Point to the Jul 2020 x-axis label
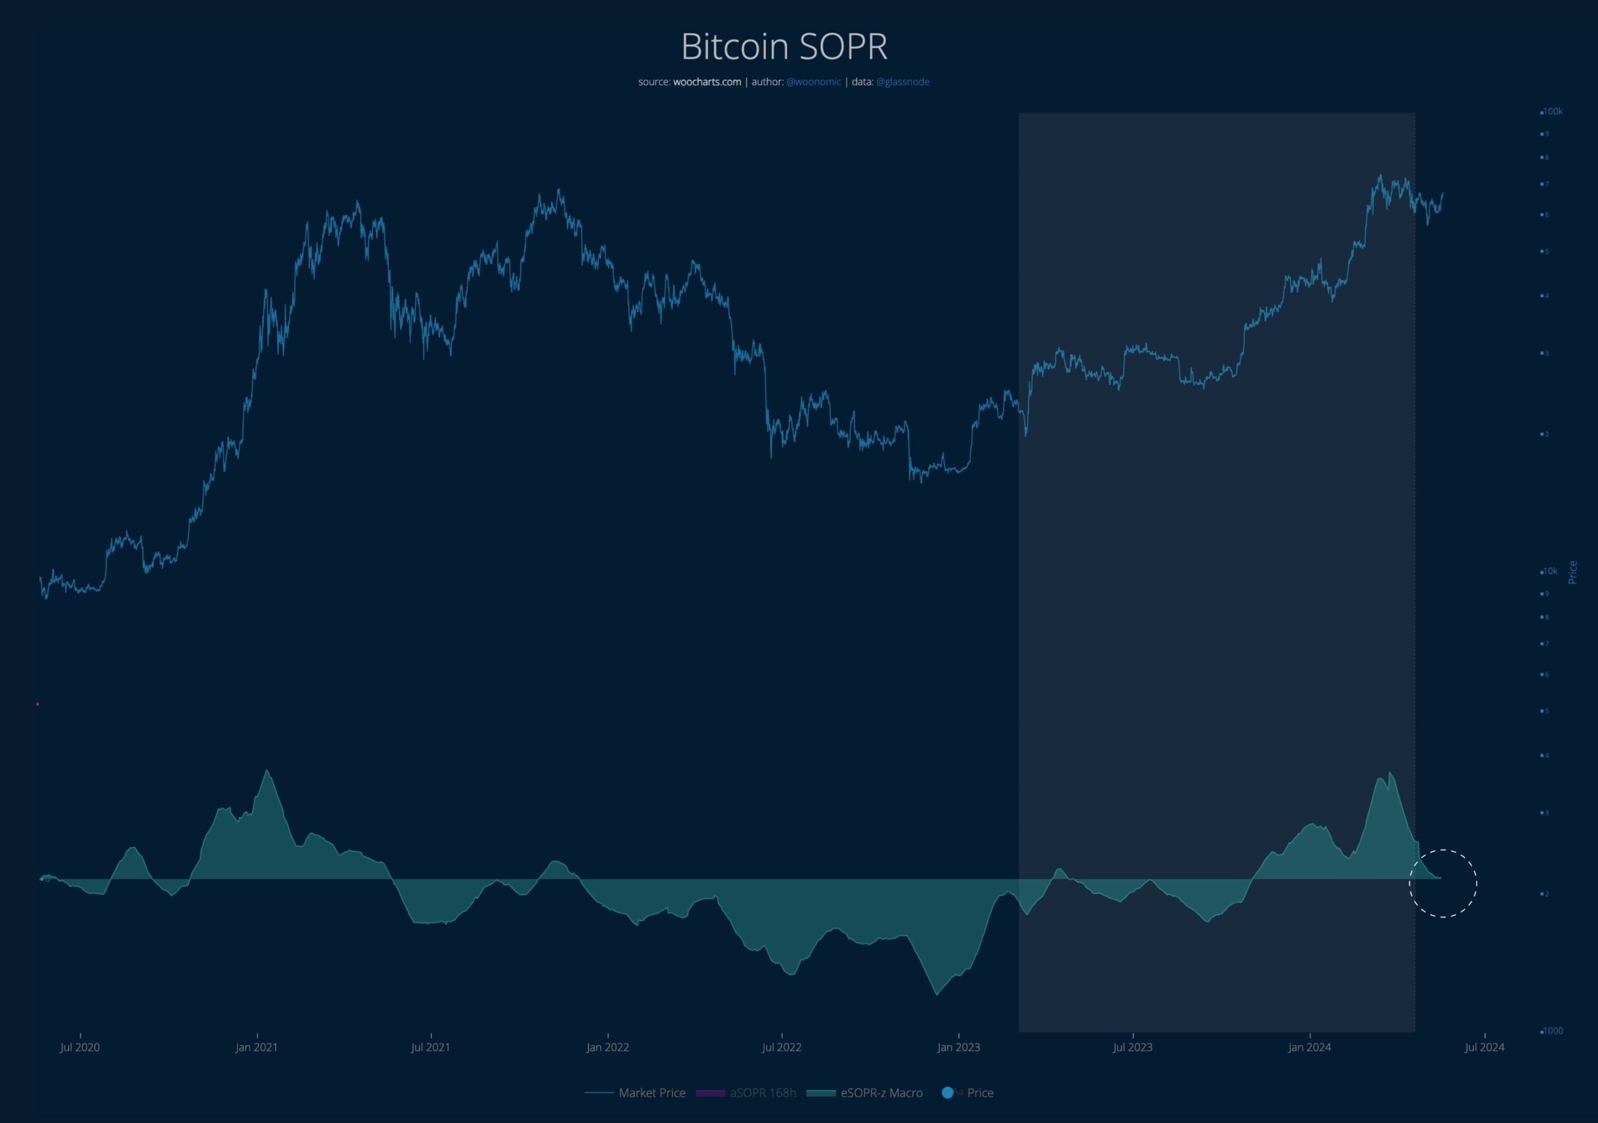click(x=80, y=1047)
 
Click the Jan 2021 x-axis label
click(x=256, y=1047)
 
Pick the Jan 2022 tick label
click(x=607, y=1047)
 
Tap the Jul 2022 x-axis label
click(x=782, y=1047)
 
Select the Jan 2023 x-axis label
click(x=958, y=1047)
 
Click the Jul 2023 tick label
click(x=1132, y=1047)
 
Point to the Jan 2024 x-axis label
click(x=1309, y=1047)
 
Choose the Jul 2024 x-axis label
click(x=1484, y=1047)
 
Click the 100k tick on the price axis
click(x=1553, y=111)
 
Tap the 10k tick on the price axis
click(x=1551, y=571)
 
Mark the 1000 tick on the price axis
click(x=1553, y=1031)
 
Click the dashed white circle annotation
click(x=1443, y=884)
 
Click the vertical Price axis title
click(x=1572, y=572)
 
